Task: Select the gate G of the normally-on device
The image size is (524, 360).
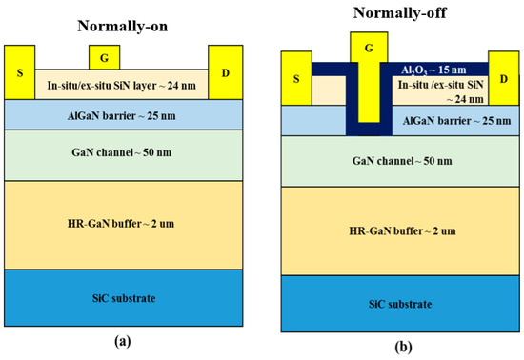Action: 103,58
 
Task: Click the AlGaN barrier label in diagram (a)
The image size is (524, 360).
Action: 123,114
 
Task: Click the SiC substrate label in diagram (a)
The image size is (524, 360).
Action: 122,299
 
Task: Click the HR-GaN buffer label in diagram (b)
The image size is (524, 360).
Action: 400,230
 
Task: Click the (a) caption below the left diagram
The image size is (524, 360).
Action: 123,337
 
